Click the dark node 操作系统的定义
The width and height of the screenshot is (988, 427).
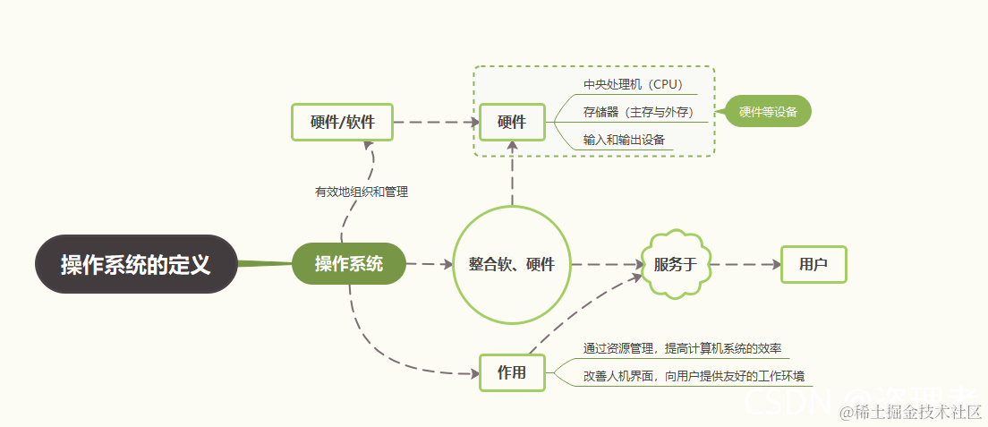(136, 265)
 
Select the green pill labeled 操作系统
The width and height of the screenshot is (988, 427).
(349, 264)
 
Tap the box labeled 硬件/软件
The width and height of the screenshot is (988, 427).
(343, 123)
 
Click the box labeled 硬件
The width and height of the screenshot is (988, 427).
(512, 123)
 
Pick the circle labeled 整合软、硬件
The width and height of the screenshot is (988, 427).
(512, 264)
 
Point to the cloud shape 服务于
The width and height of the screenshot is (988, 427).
(676, 264)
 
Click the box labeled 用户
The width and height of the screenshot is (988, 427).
(813, 264)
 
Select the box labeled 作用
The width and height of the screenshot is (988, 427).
(512, 373)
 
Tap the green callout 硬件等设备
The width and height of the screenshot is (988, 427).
(768, 112)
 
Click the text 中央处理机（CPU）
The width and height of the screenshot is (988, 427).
(633, 85)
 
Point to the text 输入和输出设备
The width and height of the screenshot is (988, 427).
(623, 140)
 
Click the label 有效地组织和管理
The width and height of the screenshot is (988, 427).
(362, 192)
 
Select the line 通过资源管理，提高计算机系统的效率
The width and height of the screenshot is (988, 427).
(684, 348)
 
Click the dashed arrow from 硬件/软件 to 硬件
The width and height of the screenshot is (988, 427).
(436, 123)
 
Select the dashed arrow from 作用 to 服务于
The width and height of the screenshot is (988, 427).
(582, 309)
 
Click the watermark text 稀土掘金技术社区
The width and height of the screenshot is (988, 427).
(917, 412)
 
